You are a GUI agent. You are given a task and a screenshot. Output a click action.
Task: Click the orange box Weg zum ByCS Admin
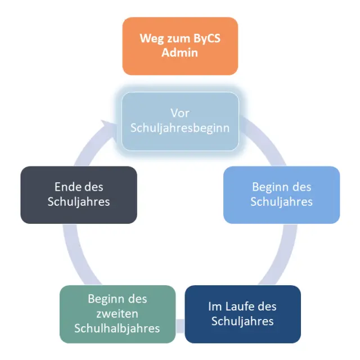pyautogui.click(x=180, y=46)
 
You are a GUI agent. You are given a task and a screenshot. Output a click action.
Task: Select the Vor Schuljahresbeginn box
pyautogui.click(x=180, y=121)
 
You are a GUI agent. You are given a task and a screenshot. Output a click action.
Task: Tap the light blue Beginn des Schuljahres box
pyautogui.click(x=281, y=195)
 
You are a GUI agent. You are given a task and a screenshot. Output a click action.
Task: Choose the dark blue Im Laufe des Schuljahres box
pyautogui.click(x=242, y=314)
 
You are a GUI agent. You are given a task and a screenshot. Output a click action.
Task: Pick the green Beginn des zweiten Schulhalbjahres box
pyautogui.click(x=118, y=314)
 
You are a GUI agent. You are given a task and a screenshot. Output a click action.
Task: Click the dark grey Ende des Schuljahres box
pyautogui.click(x=79, y=195)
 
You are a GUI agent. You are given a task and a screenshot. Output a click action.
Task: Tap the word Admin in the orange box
pyautogui.click(x=180, y=53)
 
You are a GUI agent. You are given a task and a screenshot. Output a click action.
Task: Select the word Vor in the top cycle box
pyautogui.click(x=180, y=114)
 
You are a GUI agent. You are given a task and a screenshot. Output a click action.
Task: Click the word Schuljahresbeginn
pyautogui.click(x=180, y=128)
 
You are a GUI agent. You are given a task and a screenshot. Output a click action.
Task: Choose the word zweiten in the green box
pyautogui.click(x=118, y=313)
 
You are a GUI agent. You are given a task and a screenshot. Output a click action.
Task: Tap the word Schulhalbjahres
pyautogui.click(x=118, y=328)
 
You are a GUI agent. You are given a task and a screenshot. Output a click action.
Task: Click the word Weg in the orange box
pyautogui.click(x=151, y=39)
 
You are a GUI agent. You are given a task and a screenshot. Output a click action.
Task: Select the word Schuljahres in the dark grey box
pyautogui.click(x=79, y=201)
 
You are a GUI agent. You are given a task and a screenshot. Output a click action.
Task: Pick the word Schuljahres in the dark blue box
pyautogui.click(x=242, y=321)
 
